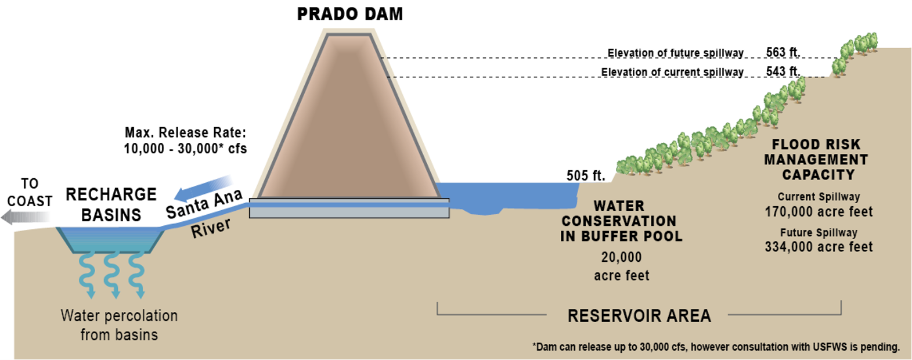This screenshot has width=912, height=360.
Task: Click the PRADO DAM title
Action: [349, 14]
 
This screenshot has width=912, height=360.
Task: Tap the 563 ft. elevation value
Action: [783, 52]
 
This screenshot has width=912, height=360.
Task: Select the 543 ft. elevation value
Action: [783, 71]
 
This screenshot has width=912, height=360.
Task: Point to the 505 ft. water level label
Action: [586, 175]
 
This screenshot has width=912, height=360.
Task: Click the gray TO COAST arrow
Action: [27, 217]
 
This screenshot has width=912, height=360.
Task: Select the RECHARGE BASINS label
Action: [111, 204]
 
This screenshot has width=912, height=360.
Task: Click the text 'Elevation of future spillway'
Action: [676, 53]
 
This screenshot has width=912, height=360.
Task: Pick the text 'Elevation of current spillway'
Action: [672, 72]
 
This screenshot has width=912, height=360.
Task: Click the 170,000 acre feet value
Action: [819, 212]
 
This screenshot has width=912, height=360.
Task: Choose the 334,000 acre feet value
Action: [819, 247]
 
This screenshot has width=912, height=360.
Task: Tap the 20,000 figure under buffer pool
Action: [621, 257]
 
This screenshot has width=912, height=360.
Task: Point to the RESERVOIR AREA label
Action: [639, 316]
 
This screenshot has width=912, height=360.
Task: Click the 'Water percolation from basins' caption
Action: [119, 325]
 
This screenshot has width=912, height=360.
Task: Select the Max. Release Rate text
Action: [185, 141]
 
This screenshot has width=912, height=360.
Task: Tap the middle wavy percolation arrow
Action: [113, 275]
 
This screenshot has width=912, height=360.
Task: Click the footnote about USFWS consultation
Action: [716, 347]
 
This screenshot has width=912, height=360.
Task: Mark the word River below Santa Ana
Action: [211, 228]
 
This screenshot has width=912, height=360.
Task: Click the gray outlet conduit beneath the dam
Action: [349, 208]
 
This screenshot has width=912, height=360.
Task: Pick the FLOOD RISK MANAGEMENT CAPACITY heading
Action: [816, 160]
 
